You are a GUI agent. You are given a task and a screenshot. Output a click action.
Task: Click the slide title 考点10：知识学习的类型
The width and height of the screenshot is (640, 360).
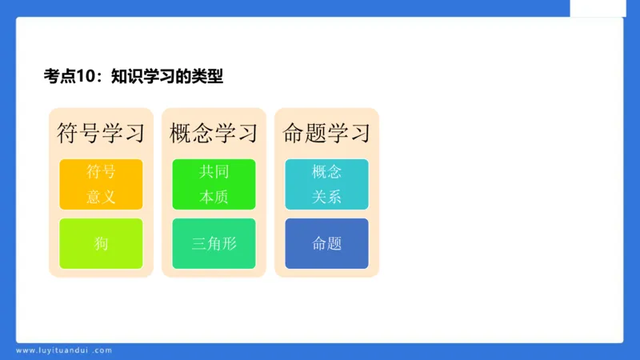133,77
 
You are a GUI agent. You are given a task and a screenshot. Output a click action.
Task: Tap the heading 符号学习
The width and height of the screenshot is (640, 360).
101,133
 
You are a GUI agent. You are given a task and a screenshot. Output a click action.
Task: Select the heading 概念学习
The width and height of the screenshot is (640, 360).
214,133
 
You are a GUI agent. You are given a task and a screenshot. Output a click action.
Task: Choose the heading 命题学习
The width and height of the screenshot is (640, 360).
326,133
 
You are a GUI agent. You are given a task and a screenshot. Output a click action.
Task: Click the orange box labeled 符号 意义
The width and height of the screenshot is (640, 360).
101,184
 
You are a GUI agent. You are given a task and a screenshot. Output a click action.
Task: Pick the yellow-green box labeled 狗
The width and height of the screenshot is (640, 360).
101,243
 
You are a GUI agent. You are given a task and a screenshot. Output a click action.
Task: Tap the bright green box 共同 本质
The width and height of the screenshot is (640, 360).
214,184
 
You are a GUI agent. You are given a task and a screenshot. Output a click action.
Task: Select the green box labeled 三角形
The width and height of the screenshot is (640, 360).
214,243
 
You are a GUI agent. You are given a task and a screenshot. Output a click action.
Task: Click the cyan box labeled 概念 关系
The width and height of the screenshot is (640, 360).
326,184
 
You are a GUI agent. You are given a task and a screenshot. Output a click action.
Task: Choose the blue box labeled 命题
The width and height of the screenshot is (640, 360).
326,243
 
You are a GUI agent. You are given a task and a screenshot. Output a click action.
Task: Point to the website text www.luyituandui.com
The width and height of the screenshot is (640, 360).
64,350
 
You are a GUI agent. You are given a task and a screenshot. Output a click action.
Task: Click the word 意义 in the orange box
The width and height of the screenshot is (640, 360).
101,197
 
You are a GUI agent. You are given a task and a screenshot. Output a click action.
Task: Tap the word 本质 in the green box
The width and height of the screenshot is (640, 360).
214,197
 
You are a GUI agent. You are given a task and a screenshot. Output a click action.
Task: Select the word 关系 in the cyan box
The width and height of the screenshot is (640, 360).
326,197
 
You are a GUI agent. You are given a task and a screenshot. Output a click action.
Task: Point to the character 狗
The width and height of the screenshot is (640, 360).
101,243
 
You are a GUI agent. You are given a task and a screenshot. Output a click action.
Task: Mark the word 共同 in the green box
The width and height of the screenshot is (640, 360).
214,172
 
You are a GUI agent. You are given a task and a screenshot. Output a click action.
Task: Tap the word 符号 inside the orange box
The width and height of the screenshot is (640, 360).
101,172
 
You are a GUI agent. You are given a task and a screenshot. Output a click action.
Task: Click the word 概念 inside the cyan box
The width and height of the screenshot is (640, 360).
326,172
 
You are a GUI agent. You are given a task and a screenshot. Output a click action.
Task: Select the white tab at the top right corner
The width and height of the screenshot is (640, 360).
598,8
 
